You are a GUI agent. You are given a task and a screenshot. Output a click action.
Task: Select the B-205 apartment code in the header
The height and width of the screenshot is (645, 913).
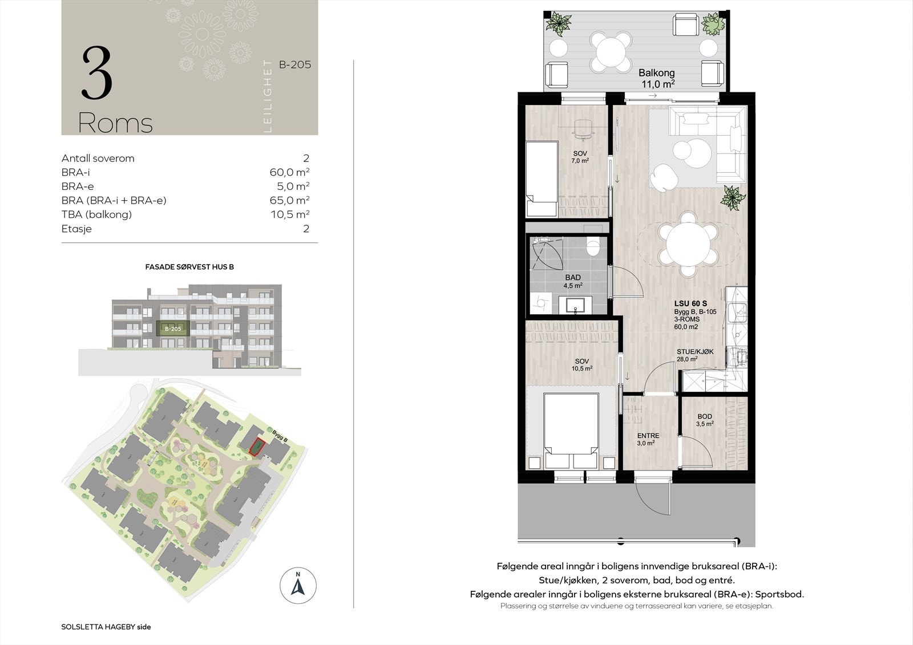[295, 65]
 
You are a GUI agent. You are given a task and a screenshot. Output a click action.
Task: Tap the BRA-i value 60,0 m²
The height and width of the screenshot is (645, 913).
[289, 172]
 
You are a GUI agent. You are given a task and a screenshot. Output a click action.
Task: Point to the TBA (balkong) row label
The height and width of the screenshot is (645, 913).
[96, 214]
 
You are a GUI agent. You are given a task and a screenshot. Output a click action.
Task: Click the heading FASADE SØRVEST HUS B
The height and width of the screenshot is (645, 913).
[189, 267]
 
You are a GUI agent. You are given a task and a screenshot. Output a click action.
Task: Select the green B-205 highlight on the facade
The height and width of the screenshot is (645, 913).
[173, 328]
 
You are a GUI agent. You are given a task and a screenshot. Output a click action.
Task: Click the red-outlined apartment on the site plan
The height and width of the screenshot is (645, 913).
[257, 447]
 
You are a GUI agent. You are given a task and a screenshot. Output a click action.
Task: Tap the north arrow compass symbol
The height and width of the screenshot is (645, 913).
[298, 586]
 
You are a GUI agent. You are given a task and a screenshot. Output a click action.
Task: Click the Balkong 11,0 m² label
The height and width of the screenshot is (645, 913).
[657, 78]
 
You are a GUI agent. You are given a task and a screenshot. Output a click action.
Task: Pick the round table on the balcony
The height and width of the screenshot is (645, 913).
[611, 52]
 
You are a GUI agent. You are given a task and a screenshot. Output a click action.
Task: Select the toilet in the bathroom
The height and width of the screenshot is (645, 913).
[593, 246]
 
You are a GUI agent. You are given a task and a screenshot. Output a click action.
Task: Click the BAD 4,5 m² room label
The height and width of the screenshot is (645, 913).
[573, 281]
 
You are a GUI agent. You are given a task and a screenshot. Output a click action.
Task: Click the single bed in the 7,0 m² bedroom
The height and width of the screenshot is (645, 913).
[542, 179]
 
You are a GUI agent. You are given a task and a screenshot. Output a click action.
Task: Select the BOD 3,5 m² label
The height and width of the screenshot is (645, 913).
[705, 420]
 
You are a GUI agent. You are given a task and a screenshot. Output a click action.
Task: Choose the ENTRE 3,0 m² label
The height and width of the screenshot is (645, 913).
[648, 439]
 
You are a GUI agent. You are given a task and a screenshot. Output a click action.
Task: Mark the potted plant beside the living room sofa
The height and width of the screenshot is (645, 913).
[733, 198]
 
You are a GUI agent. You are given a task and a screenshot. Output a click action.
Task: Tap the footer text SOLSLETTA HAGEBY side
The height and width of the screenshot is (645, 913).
[106, 627]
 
